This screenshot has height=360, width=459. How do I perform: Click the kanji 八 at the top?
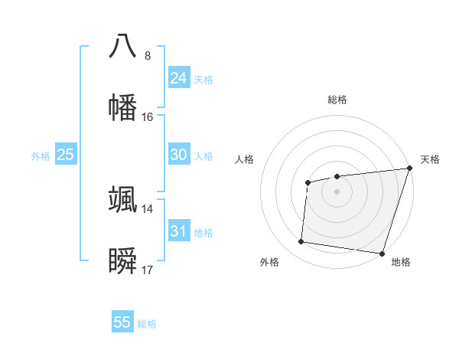pyautogui.click(x=123, y=46)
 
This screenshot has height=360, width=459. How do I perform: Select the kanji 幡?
pyautogui.click(x=123, y=106)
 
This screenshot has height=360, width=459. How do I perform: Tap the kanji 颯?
pyautogui.click(x=123, y=199)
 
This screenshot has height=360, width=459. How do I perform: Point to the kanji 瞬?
pyautogui.click(x=123, y=260)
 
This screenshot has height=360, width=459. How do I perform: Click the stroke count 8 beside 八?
pyautogui.click(x=148, y=55)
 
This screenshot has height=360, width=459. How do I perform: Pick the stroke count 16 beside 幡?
pyautogui.click(x=148, y=116)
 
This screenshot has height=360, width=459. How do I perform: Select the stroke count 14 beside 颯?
pyautogui.click(x=148, y=208)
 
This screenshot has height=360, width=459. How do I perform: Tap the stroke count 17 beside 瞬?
pyautogui.click(x=148, y=270)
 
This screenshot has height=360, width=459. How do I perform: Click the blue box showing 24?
pyautogui.click(x=179, y=78)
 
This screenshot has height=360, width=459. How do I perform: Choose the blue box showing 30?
pyautogui.click(x=179, y=155)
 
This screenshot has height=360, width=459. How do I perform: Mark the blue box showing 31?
pyautogui.click(x=179, y=231)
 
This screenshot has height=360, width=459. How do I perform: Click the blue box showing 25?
pyautogui.click(x=66, y=155)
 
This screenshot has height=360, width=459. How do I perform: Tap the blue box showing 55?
pyautogui.click(x=122, y=322)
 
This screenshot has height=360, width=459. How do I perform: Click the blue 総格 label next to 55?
pyautogui.click(x=147, y=324)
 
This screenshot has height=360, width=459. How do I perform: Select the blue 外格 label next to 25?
pyautogui.click(x=41, y=156)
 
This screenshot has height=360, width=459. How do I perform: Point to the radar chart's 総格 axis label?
pyautogui.click(x=337, y=100)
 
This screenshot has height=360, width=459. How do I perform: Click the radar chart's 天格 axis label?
pyautogui.click(x=430, y=160)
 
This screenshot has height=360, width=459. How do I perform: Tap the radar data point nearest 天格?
pyautogui.click(x=409, y=168)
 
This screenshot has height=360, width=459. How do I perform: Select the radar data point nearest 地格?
pyautogui.click(x=382, y=253)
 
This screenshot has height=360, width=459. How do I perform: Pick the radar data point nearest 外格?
pyautogui.click(x=301, y=242)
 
